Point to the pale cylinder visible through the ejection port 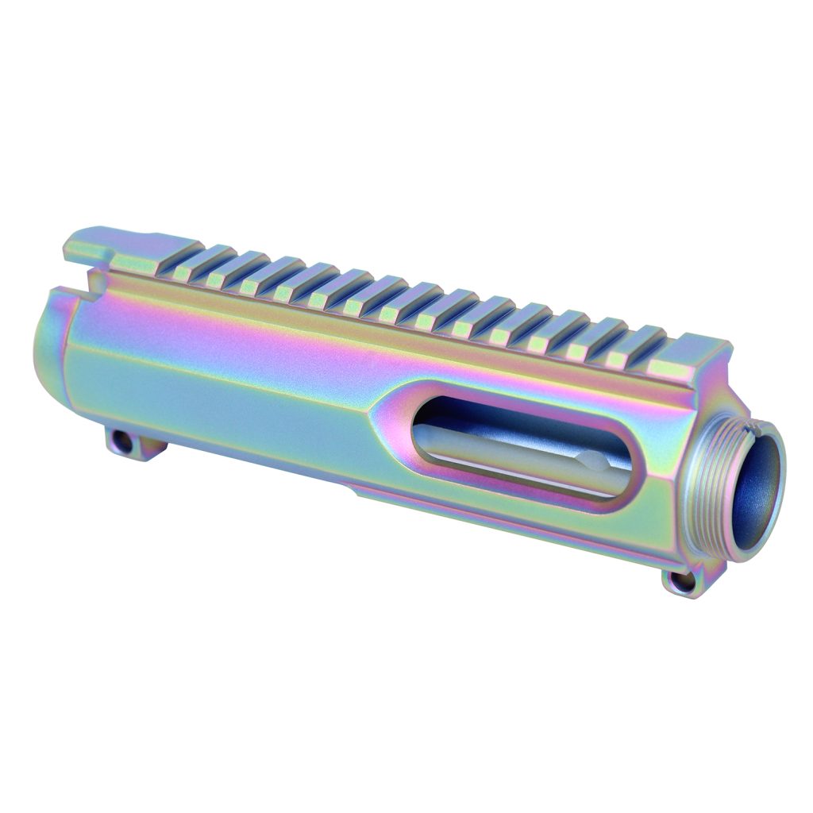click(x=508, y=453)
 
